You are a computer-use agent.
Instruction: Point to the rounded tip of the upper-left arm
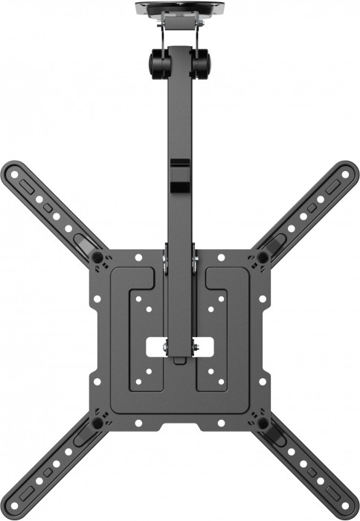click(11, 172)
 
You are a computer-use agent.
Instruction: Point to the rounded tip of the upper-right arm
click(347, 172)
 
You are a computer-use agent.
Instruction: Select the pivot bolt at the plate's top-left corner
click(97, 258)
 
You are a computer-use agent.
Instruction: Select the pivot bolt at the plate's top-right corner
click(263, 258)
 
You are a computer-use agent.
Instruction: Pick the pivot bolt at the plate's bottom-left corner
click(97, 423)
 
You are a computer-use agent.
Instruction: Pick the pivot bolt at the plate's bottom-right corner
click(263, 423)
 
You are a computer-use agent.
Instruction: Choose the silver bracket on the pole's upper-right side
click(195, 262)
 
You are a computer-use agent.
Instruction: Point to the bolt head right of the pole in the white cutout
click(196, 346)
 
